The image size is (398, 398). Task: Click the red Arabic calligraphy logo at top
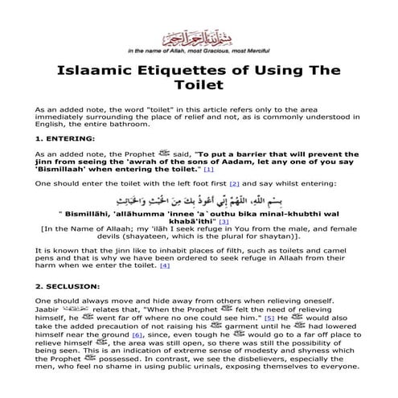click(199, 38)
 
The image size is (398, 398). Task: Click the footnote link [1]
click(209, 169)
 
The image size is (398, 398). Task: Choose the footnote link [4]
click(165, 265)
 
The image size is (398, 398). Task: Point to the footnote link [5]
click(271, 319)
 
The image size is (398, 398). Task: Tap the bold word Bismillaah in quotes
click(66, 169)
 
